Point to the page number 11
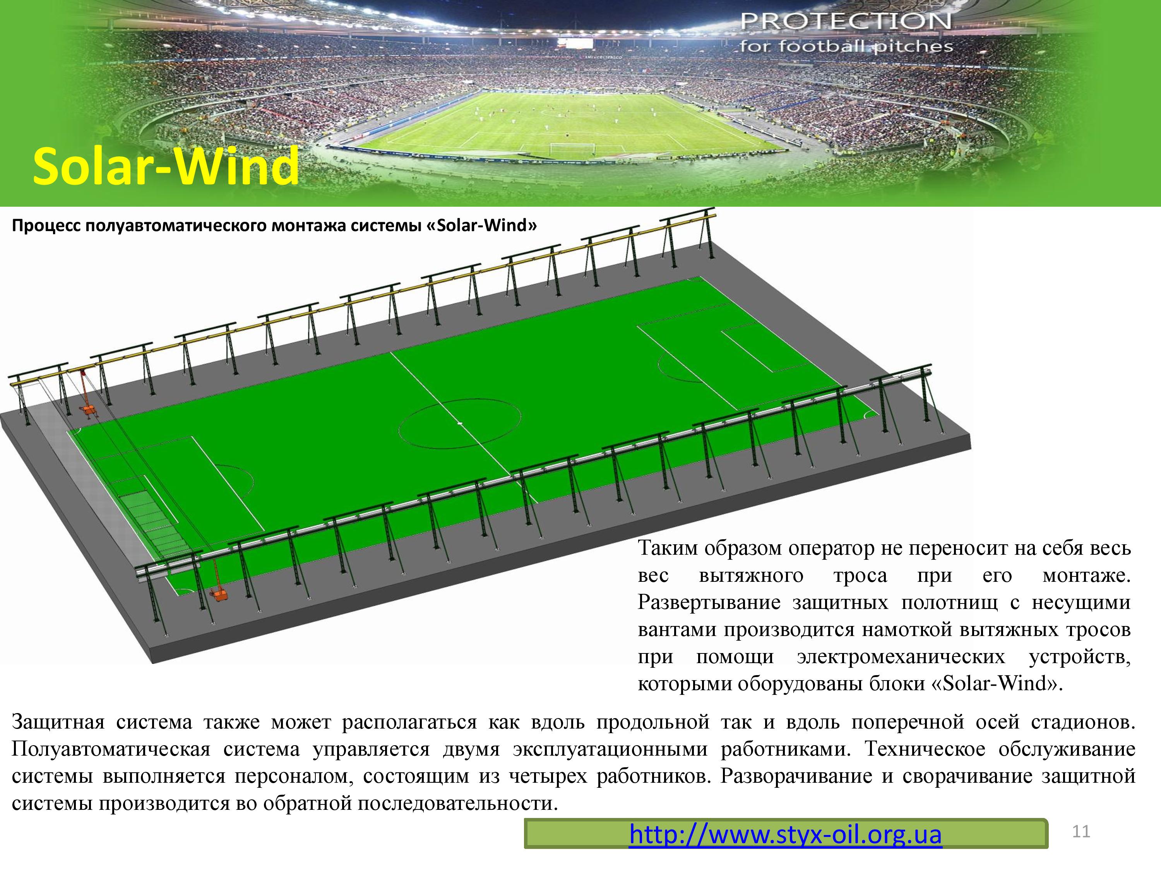[x=1081, y=831]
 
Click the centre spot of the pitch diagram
[x=460, y=423]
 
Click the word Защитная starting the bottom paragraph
[x=58, y=722]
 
